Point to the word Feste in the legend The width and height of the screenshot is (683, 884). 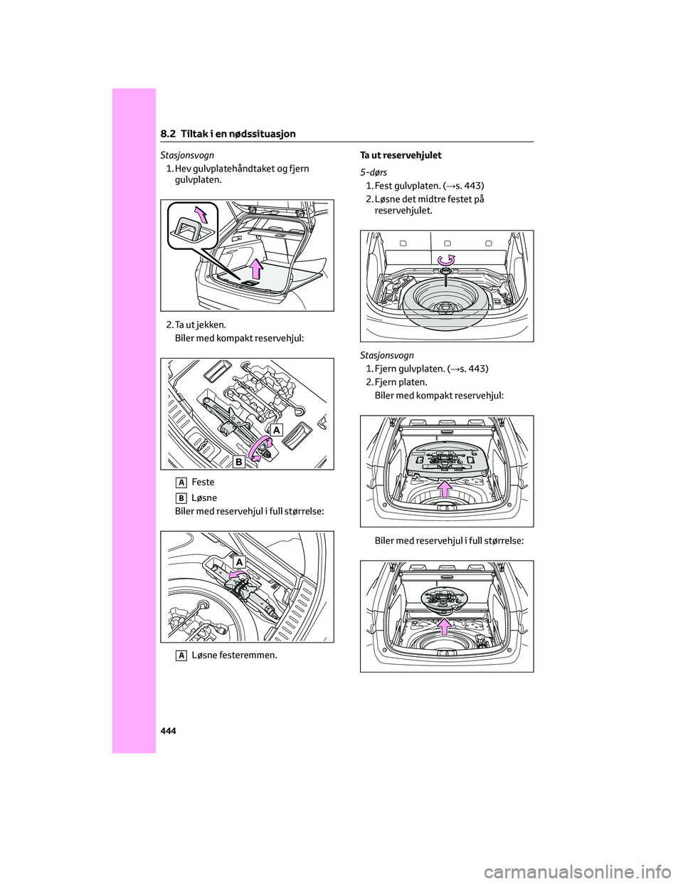[203, 483]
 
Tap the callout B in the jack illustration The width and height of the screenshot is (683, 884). [238, 462]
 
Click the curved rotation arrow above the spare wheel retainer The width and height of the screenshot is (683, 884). [446, 259]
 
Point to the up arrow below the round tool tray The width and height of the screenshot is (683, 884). [445, 626]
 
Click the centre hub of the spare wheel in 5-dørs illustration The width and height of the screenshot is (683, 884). [445, 309]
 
